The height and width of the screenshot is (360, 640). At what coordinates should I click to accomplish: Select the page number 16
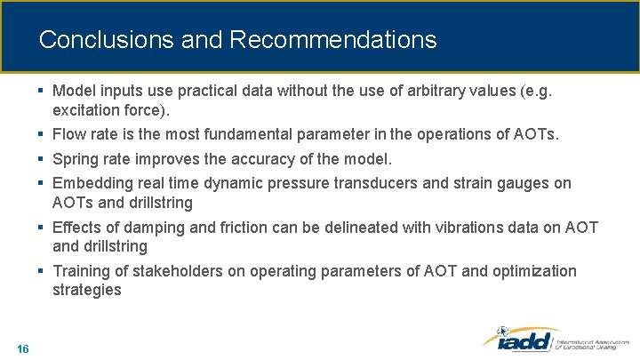tap(23, 348)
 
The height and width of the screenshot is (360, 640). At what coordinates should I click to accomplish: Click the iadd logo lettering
tap(519, 340)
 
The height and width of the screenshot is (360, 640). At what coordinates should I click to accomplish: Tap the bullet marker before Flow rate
tap(42, 135)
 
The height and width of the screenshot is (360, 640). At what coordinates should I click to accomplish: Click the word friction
tap(229, 227)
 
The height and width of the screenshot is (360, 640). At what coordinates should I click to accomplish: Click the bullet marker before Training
tap(42, 270)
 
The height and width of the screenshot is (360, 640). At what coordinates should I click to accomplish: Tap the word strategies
tap(86, 290)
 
